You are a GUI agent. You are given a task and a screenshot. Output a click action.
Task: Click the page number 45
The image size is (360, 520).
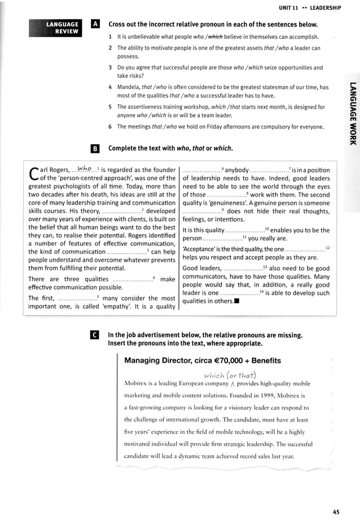pos(336,512)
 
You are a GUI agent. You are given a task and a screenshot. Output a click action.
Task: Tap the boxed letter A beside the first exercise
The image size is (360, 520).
pos(95,25)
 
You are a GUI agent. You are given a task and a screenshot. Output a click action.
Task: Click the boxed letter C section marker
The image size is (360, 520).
pos(95,335)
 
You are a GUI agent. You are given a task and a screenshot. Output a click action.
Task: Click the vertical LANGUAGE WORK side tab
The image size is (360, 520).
pos(352,113)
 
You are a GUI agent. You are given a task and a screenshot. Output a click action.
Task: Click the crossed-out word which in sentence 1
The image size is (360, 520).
pos(216,37)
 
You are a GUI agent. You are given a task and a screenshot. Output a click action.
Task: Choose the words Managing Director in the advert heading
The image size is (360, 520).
pos(160,360)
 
